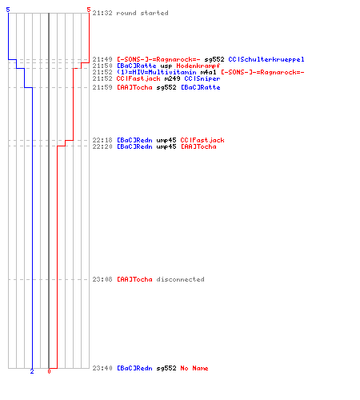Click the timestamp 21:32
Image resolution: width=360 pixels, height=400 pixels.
102,13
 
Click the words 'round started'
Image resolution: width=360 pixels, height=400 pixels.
142,13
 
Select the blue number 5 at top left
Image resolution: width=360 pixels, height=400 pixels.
8,10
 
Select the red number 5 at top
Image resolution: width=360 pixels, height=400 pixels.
89,10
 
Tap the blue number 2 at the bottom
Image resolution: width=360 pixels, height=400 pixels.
32,371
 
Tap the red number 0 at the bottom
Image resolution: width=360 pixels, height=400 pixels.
49,371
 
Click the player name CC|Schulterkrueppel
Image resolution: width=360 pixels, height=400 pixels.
266,59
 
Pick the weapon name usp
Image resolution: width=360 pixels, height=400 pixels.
166,66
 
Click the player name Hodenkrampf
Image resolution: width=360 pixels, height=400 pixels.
198,66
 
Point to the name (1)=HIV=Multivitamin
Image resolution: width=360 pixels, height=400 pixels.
157,72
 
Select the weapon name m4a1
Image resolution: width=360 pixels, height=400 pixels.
208,72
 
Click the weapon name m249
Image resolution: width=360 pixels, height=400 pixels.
172,78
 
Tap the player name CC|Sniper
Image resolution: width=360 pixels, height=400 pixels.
202,78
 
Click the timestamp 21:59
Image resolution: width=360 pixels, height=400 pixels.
102,87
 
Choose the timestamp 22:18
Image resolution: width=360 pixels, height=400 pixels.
102,140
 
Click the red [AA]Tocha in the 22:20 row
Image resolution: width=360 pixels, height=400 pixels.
198,146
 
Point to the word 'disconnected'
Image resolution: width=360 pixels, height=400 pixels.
181,279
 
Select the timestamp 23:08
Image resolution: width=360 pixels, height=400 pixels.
102,279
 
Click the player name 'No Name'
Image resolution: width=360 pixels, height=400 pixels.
194,368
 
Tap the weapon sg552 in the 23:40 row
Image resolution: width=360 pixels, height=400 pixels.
166,369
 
